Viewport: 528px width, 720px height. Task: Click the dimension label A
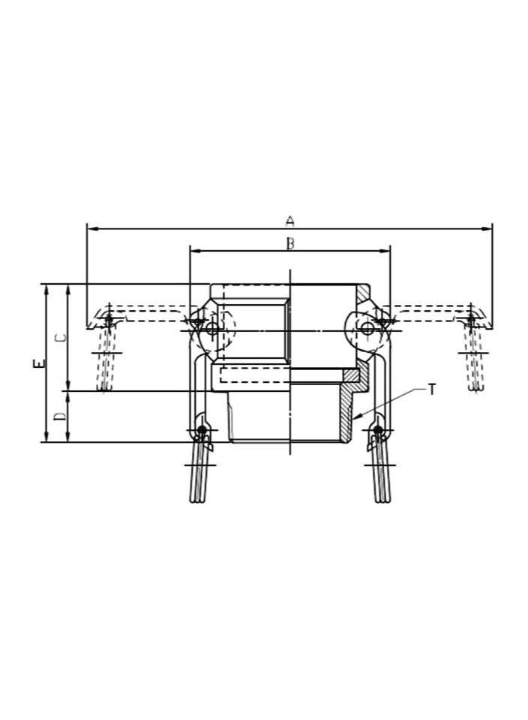click(x=290, y=221)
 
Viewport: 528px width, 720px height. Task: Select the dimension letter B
click(x=290, y=243)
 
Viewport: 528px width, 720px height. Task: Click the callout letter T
click(x=431, y=389)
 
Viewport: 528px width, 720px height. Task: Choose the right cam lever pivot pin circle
click(x=367, y=328)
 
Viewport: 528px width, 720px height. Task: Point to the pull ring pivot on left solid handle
click(x=201, y=431)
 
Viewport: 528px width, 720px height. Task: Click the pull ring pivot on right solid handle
click(x=378, y=431)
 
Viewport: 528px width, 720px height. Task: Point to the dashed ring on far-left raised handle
click(x=109, y=321)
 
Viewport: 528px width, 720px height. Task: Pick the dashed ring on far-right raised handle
click(x=470, y=321)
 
